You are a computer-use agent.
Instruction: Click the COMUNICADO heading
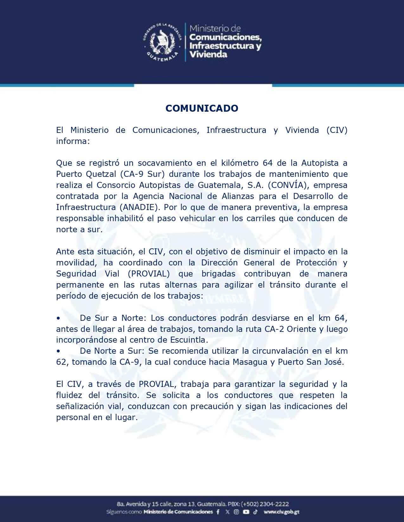pyautogui.click(x=202, y=108)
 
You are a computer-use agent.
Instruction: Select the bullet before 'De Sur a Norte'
pyautogui.click(x=58, y=318)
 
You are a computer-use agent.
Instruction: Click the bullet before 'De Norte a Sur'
pyautogui.click(x=58, y=351)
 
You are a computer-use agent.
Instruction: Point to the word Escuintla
pyautogui.click(x=188, y=340)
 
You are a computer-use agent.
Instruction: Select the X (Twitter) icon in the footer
pyautogui.click(x=227, y=512)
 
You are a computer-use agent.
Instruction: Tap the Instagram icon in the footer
pyautogui.click(x=236, y=512)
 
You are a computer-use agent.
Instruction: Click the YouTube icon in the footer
pyautogui.click(x=246, y=512)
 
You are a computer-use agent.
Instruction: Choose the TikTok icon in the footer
pyautogui.click(x=255, y=512)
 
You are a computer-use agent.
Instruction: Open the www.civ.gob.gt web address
pyautogui.click(x=281, y=512)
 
